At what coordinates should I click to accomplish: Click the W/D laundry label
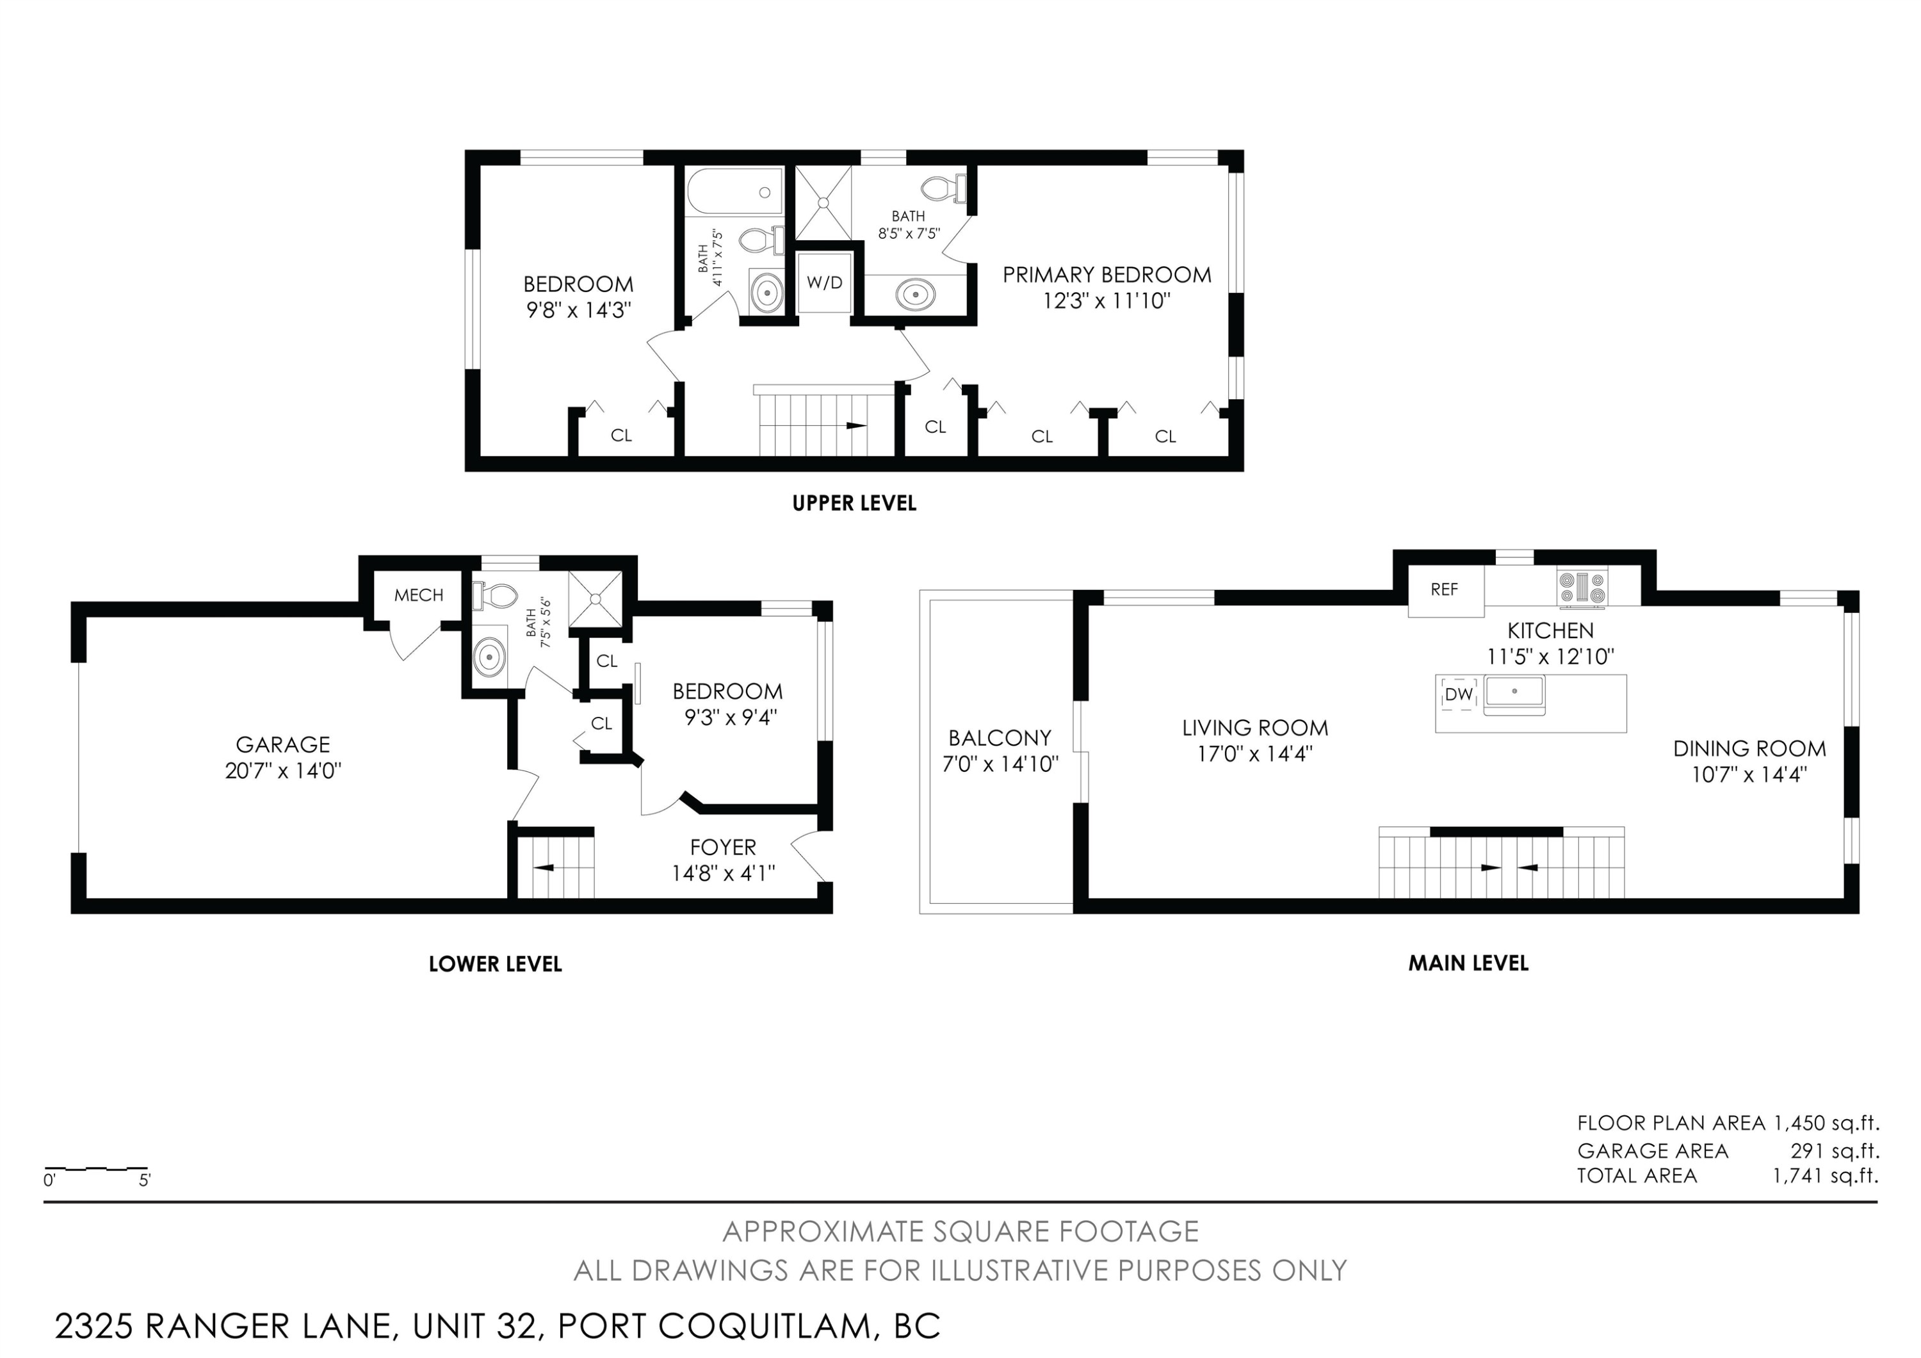click(824, 283)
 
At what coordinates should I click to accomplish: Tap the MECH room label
click(418, 595)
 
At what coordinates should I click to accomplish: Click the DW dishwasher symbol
click(1459, 694)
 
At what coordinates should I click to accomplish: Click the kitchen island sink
click(1514, 694)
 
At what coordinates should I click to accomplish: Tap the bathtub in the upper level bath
click(734, 192)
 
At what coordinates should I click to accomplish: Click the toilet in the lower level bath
click(496, 596)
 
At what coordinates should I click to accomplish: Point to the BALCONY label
click(1000, 738)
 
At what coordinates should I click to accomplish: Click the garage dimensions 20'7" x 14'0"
click(283, 771)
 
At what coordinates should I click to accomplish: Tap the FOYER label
click(723, 847)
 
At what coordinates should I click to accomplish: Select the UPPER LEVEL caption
click(854, 503)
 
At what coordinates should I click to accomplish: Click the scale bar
click(96, 1168)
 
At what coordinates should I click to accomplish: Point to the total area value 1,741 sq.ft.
click(1826, 1175)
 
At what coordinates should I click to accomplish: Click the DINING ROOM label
click(1749, 748)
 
